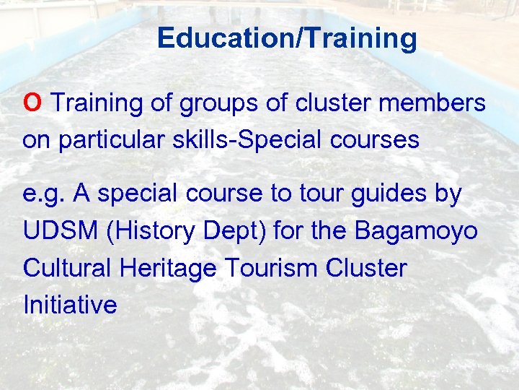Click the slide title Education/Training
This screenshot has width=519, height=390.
coord(287,38)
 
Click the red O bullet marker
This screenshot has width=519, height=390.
coord(32,103)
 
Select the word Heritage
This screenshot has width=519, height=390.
coord(168,269)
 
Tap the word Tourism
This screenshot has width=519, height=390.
coord(271,268)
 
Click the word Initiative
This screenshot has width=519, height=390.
coord(70,305)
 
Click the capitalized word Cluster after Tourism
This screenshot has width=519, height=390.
coord(366,268)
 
